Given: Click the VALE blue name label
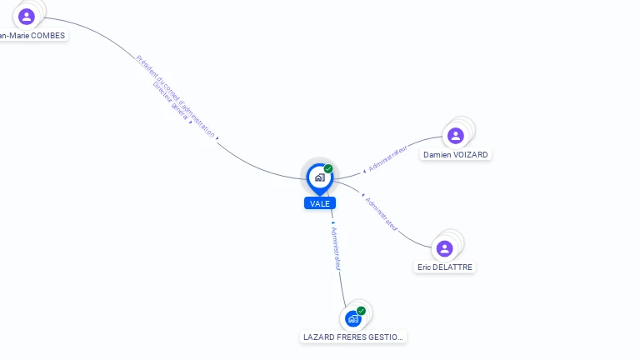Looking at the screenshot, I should [x=320, y=203].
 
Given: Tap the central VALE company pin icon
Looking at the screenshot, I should [x=319, y=177].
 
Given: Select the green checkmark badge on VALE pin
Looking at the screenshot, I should [x=328, y=168].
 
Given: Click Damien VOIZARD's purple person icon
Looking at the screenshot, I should [x=455, y=135].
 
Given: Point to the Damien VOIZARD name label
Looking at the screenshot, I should [x=455, y=155].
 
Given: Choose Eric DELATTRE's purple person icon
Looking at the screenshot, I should [x=444, y=248].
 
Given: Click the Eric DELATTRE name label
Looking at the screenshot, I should [x=445, y=267].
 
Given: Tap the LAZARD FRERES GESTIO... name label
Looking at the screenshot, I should [x=353, y=337].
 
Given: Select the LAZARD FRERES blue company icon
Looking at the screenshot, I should [x=353, y=318].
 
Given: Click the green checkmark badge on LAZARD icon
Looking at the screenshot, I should [x=361, y=311].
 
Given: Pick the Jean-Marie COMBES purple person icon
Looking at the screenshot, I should [x=27, y=16].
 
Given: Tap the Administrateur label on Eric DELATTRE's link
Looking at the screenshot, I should [x=381, y=214].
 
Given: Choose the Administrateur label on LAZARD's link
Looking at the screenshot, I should [x=335, y=247].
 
